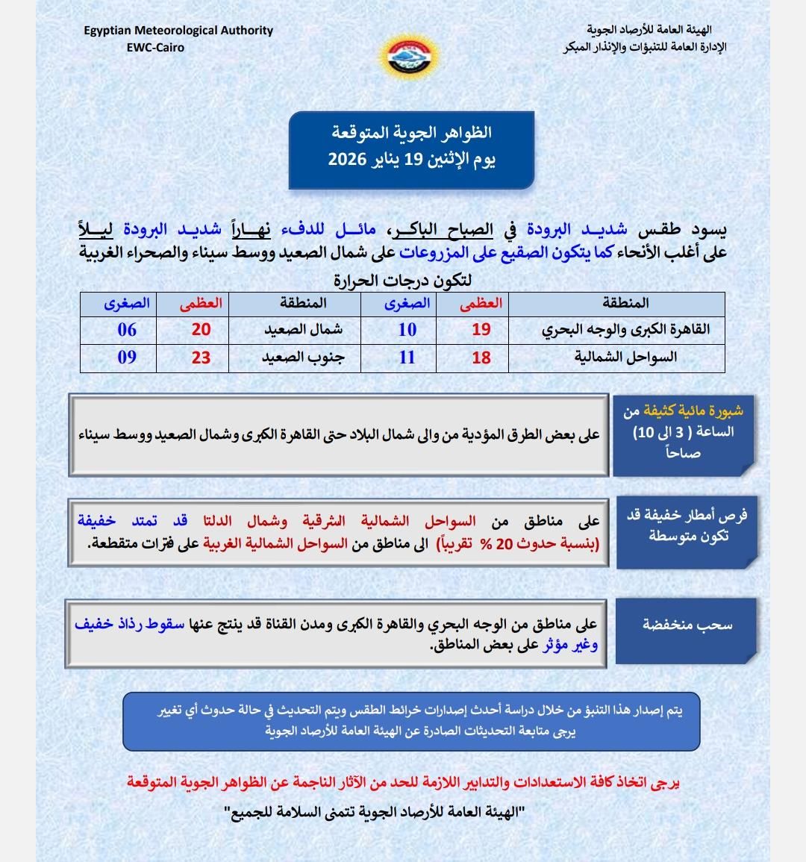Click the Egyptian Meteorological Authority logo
pyautogui.click(x=410, y=56)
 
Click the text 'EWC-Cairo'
pyautogui.click(x=155, y=47)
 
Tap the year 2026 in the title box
pyautogui.click(x=347, y=159)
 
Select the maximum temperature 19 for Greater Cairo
pyautogui.click(x=481, y=330)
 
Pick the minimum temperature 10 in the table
pyautogui.click(x=407, y=330)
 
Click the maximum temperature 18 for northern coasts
pyautogui.click(x=481, y=357)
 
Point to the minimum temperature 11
pyautogui.click(x=407, y=357)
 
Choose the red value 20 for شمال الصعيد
pyautogui.click(x=201, y=330)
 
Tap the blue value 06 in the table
pyautogui.click(x=127, y=330)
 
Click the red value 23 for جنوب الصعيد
pyautogui.click(x=201, y=357)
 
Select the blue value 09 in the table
pyautogui.click(x=127, y=357)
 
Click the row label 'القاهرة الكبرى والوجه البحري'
pyautogui.click(x=625, y=330)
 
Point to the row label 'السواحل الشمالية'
pyautogui.click(x=625, y=357)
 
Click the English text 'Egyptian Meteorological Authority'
pyautogui.click(x=178, y=31)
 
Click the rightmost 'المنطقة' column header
pyautogui.click(x=625, y=303)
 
